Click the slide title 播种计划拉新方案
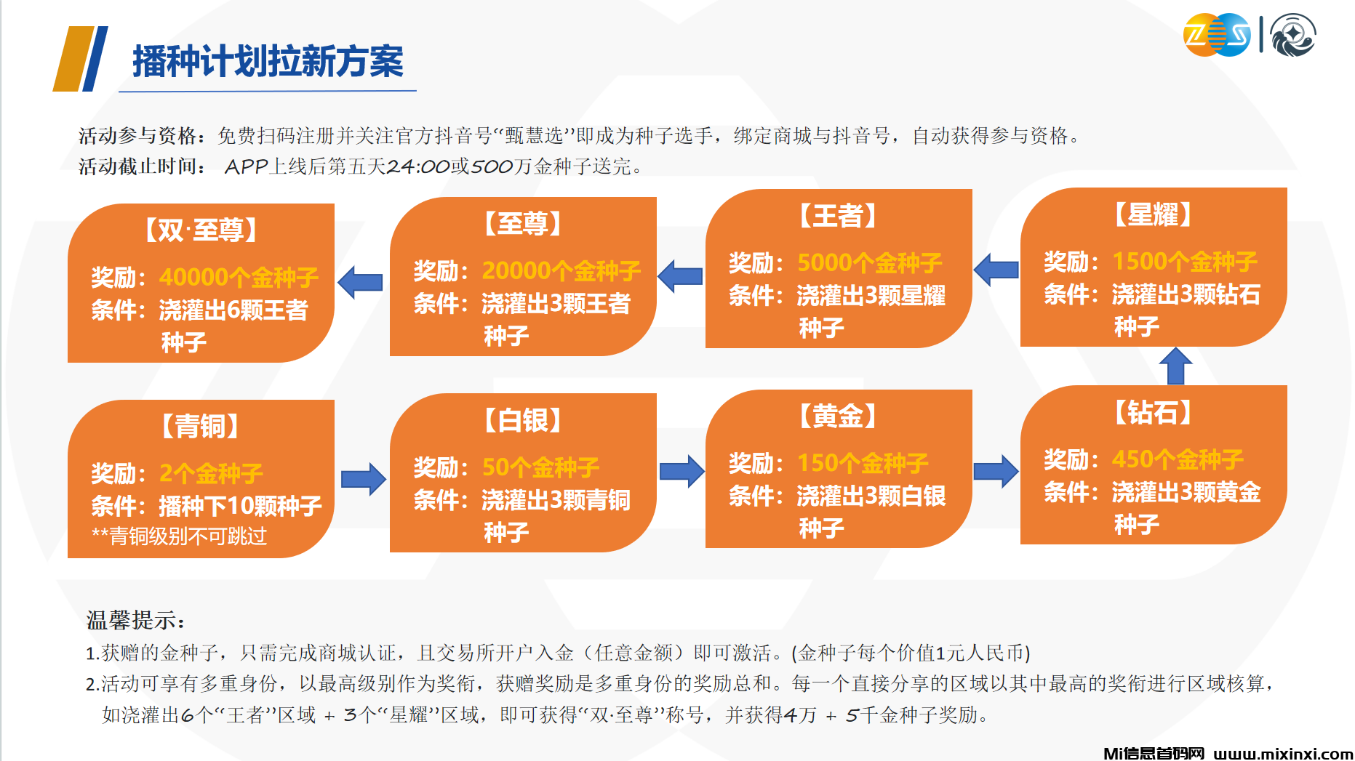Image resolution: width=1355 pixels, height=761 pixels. point(268,61)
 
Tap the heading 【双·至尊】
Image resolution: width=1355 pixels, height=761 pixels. point(201,230)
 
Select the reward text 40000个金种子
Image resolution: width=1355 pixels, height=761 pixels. point(239,277)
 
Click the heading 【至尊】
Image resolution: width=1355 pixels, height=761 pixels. point(523,223)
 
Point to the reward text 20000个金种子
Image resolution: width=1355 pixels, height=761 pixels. point(561,270)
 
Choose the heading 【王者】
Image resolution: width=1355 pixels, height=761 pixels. point(838,216)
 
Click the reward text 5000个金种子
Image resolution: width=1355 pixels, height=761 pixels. point(870,262)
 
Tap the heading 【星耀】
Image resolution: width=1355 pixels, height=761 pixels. point(1154,214)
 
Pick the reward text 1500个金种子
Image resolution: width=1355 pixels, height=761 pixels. point(1185,261)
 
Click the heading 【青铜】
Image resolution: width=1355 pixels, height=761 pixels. point(201,426)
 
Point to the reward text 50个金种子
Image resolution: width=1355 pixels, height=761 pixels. point(540,467)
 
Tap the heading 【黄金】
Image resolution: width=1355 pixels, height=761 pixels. point(838,416)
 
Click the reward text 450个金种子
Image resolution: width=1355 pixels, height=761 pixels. point(1178,459)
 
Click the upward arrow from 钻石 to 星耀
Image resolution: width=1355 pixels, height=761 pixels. point(1175,366)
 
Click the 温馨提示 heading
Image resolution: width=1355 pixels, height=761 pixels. point(135,620)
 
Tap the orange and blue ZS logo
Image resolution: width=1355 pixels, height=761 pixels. point(1217,35)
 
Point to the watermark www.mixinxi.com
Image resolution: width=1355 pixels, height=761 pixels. point(1283,754)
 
